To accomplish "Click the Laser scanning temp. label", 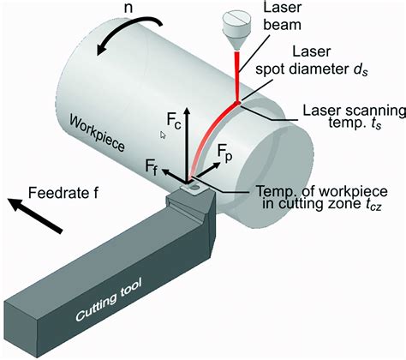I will click(x=349, y=117).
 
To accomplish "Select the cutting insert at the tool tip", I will click(x=194, y=185).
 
